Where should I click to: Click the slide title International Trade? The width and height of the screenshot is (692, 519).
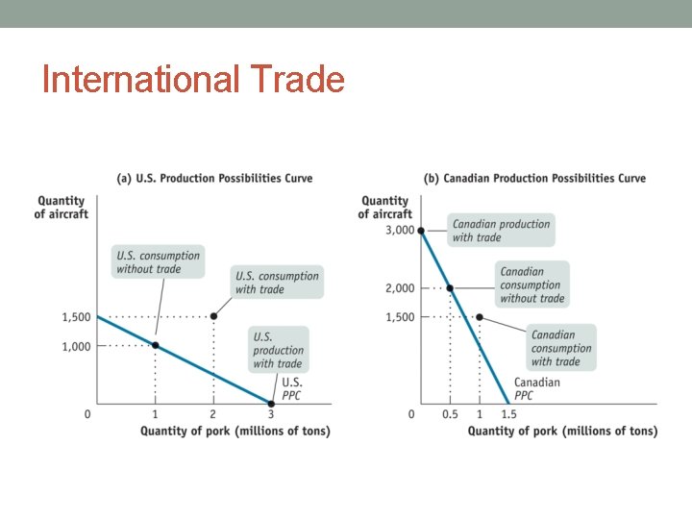click(x=193, y=79)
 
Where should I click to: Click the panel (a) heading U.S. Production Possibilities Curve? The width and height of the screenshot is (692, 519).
click(x=214, y=178)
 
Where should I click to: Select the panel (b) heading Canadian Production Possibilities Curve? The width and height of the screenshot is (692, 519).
click(x=534, y=178)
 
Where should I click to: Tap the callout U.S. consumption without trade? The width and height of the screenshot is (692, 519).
click(x=159, y=262)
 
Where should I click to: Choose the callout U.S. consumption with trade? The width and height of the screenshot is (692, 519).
click(x=277, y=283)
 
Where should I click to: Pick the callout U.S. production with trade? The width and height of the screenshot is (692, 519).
click(x=278, y=350)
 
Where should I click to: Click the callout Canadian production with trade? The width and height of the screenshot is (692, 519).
click(x=501, y=231)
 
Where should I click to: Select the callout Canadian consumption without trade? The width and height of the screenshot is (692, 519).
click(x=531, y=284)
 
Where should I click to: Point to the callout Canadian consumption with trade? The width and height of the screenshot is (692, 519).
click(x=561, y=348)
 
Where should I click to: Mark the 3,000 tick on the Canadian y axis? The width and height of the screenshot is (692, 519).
click(x=400, y=231)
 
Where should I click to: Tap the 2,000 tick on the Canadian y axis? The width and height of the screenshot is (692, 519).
click(x=400, y=288)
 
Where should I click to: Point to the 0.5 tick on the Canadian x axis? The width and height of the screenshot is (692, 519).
click(x=450, y=414)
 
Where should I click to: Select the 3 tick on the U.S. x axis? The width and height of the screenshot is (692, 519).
click(x=271, y=414)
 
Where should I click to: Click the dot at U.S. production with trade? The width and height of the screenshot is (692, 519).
click(x=271, y=404)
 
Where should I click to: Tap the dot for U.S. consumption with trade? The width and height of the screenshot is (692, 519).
click(x=213, y=316)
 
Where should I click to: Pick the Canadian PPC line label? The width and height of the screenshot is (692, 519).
click(x=536, y=388)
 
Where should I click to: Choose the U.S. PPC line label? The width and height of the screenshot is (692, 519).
click(x=291, y=388)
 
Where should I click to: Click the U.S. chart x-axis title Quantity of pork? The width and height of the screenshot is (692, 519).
click(x=235, y=432)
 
